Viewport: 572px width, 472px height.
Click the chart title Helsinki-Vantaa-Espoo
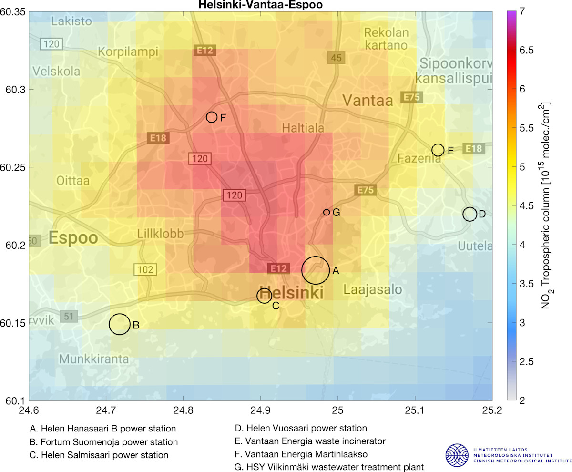[260, 5]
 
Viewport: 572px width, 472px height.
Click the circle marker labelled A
[315, 270]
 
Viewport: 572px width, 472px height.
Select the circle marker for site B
[120, 324]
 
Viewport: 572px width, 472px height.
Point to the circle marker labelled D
[470, 214]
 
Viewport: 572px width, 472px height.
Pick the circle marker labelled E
[438, 150]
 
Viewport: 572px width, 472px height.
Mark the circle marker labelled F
[212, 117]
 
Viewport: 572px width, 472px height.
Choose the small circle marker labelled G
[327, 212]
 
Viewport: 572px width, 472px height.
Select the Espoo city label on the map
[73, 238]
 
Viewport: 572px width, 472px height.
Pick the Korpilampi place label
[127, 51]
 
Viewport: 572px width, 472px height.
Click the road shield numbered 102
[145, 270]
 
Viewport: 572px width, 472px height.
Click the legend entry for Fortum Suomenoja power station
[103, 442]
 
